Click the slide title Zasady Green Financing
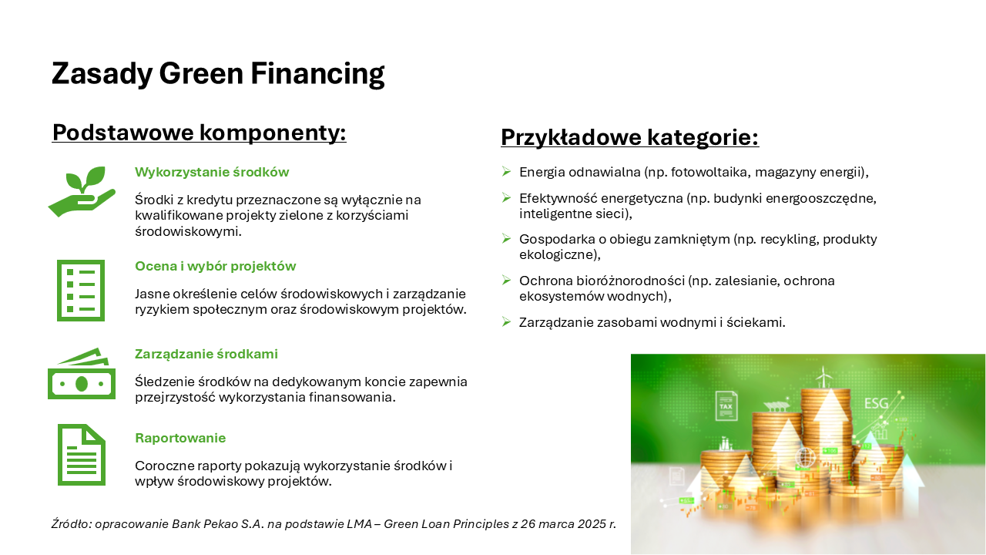coord(218,73)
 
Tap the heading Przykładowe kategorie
coord(630,137)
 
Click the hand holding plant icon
coord(82,191)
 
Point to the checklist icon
coord(81,291)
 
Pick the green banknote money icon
coord(82,374)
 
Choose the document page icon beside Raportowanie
coord(82,455)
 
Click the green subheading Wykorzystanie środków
coord(212,172)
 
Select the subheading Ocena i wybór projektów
coord(215,266)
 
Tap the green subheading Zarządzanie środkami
coord(206,354)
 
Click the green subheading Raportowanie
coord(180,438)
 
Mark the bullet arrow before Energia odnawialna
coord(506,171)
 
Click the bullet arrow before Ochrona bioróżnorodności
coord(506,280)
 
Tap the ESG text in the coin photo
coord(877,403)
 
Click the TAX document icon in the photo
coord(726,405)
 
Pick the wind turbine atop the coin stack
coord(823,378)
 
